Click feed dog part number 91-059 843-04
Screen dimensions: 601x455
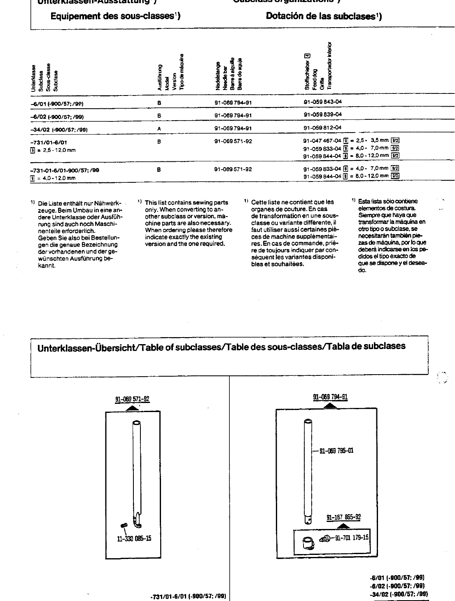tap(322, 102)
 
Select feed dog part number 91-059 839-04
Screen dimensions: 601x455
tap(322, 114)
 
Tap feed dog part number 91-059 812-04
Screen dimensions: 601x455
tap(322, 128)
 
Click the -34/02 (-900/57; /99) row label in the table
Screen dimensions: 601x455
tap(59, 129)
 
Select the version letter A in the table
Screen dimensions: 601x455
tap(159, 128)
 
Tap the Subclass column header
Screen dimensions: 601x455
tap(41, 77)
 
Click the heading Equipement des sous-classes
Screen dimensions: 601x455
tap(115, 16)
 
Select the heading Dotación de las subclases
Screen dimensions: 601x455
tap(324, 16)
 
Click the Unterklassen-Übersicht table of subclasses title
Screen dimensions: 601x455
tap(222, 347)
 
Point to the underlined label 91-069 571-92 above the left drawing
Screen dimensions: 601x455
tap(132, 399)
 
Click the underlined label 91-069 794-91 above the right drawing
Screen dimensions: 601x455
tap(331, 397)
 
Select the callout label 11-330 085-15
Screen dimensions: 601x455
tap(134, 538)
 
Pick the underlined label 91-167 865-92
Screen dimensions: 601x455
tap(344, 517)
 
